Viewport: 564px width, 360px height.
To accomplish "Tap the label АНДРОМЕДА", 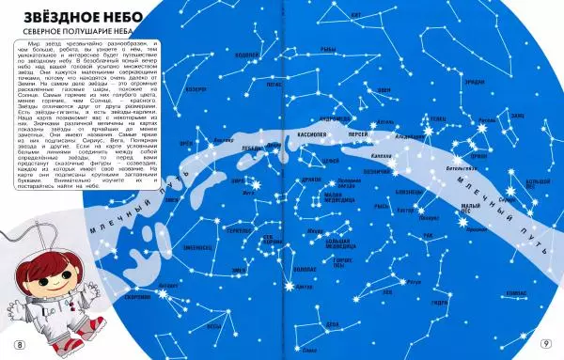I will coord(336,120).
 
